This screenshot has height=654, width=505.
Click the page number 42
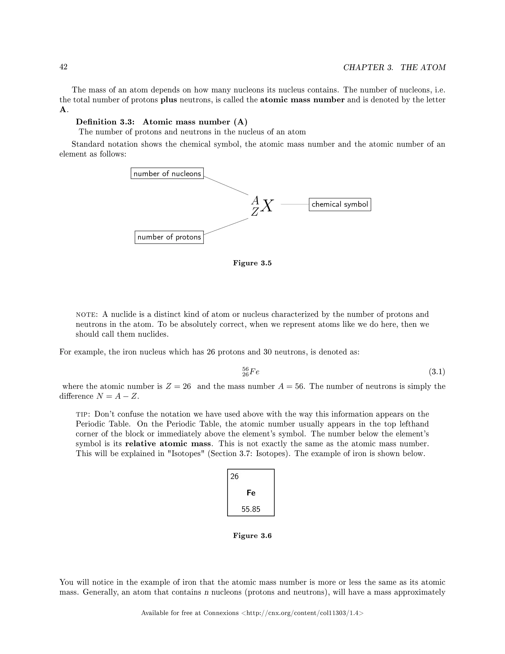click(x=63, y=67)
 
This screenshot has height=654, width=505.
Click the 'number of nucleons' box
click(x=167, y=173)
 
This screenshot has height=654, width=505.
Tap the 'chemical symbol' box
click(x=340, y=205)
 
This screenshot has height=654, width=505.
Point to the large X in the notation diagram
click(x=267, y=206)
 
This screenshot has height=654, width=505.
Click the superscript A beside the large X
click(x=255, y=200)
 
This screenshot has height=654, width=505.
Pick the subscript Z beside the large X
click(x=254, y=212)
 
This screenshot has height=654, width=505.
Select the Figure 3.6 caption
click(x=252, y=536)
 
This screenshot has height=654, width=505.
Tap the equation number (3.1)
click(x=437, y=372)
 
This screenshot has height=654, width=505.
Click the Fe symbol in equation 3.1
click(x=254, y=372)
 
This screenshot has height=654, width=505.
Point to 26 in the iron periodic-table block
click(x=234, y=476)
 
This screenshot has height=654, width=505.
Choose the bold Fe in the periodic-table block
click(x=251, y=493)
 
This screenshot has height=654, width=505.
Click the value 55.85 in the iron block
click(x=251, y=509)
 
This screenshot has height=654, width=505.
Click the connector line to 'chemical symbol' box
click(x=295, y=204)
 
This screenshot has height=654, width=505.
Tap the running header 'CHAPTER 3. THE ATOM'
click(x=394, y=67)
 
